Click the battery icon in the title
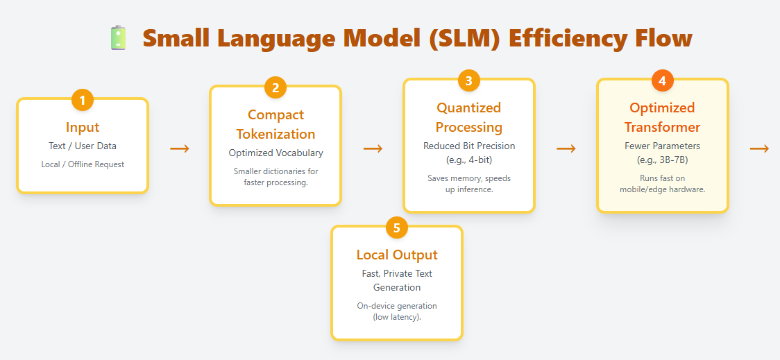[x=119, y=37]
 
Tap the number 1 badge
[x=83, y=101]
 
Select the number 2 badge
[x=275, y=88]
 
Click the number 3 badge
[x=468, y=81]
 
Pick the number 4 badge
[x=662, y=81]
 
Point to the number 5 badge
[x=396, y=228]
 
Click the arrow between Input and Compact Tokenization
[x=180, y=148]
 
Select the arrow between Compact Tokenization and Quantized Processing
[x=373, y=148]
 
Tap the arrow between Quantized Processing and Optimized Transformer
[x=566, y=148]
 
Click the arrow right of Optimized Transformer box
[x=759, y=148]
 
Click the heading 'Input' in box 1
[x=83, y=127]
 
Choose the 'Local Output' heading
[x=397, y=255]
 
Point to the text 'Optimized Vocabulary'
[x=275, y=153]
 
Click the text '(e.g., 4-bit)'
[x=469, y=160]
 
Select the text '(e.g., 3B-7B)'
[x=662, y=160]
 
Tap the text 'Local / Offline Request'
[x=83, y=164]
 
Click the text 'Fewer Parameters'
[x=662, y=146]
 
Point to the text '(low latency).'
[x=397, y=317]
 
